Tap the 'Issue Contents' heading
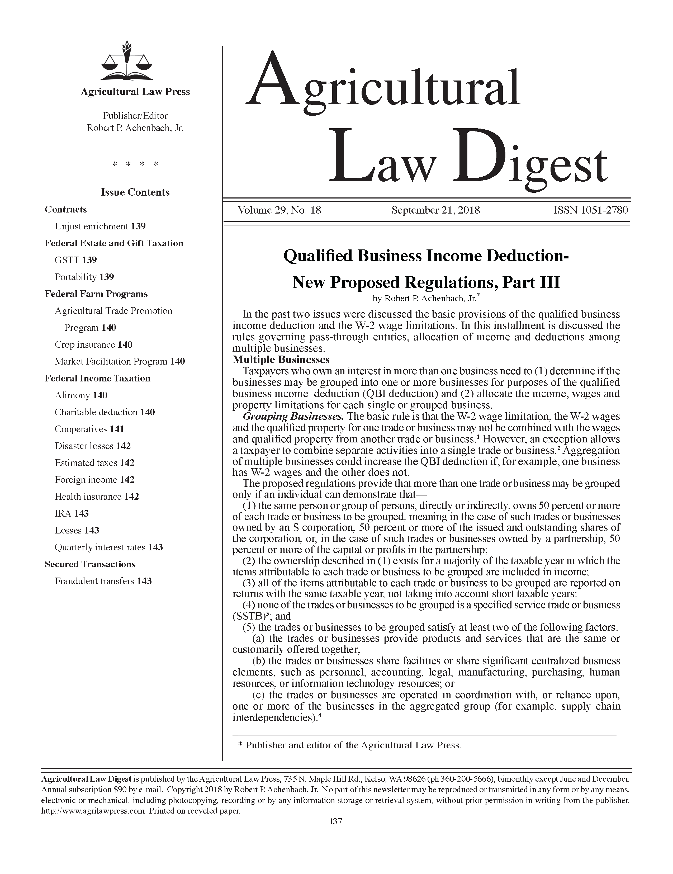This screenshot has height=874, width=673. tap(135, 192)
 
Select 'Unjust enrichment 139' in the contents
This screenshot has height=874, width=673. tap(100, 226)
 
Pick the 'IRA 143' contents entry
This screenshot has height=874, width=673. tap(72, 513)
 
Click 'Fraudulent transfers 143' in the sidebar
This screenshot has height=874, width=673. tap(103, 581)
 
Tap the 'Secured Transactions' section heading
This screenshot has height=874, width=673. tap(90, 564)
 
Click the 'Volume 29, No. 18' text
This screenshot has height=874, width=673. tap(279, 210)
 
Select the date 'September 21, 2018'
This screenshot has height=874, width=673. tap(436, 210)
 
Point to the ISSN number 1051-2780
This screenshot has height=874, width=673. tap(591, 210)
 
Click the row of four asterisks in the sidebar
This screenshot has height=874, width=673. tap(135, 164)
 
